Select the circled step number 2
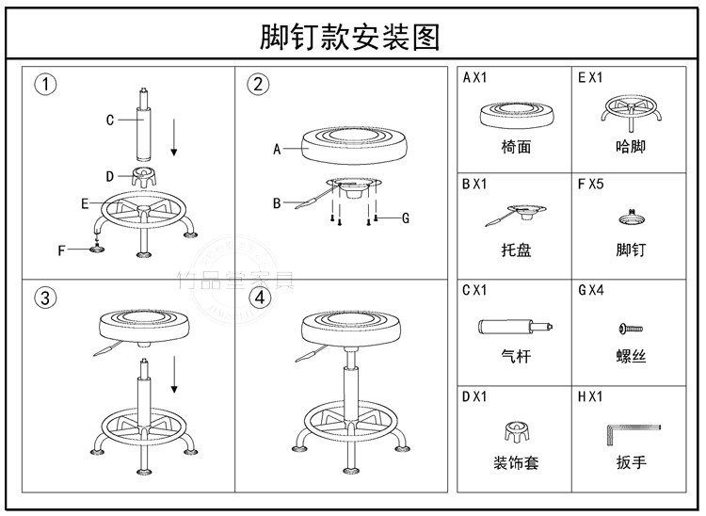tap(257, 84)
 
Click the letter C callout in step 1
tap(110, 120)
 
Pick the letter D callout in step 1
tap(110, 176)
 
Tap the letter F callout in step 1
tap(62, 250)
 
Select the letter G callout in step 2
tap(405, 218)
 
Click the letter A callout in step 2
tap(278, 149)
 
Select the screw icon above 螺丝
tap(631, 328)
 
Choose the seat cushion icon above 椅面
tap(516, 117)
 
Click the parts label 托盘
tap(516, 251)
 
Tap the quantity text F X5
tap(590, 184)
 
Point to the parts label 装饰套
tap(516, 462)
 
